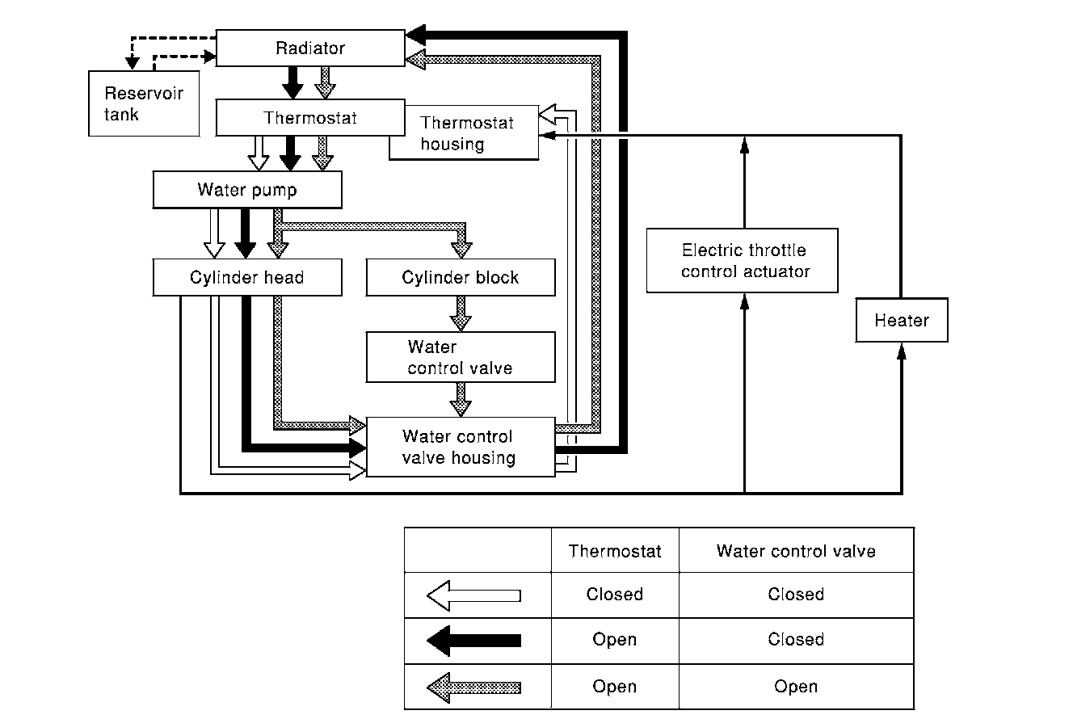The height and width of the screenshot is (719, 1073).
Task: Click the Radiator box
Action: [310, 48]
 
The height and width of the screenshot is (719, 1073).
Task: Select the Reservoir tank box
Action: [144, 103]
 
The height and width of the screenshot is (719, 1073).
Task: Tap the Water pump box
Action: [247, 190]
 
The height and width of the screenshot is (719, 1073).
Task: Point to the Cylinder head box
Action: [247, 277]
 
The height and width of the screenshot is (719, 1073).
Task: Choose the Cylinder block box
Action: [461, 277]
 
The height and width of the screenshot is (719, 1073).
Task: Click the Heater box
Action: [902, 320]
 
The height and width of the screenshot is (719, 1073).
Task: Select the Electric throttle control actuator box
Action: [742, 261]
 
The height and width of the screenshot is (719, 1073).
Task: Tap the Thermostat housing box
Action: [464, 132]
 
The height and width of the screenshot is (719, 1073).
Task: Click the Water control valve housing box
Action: [461, 447]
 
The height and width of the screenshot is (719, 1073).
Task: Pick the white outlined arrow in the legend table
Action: [473, 595]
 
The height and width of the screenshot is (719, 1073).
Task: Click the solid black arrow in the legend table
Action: [473, 641]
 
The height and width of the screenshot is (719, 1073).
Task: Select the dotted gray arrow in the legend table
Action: [473, 687]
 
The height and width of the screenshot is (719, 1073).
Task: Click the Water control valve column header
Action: [796, 551]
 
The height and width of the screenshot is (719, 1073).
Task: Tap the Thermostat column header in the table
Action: [615, 551]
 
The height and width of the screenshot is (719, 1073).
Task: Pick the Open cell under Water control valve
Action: [796, 687]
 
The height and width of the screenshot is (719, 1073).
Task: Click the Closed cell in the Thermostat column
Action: [615, 594]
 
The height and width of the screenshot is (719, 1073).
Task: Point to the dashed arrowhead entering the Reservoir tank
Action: [133, 63]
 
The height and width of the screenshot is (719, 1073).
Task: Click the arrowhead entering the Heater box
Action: [902, 351]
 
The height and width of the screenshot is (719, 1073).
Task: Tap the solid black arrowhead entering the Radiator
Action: [415, 35]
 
